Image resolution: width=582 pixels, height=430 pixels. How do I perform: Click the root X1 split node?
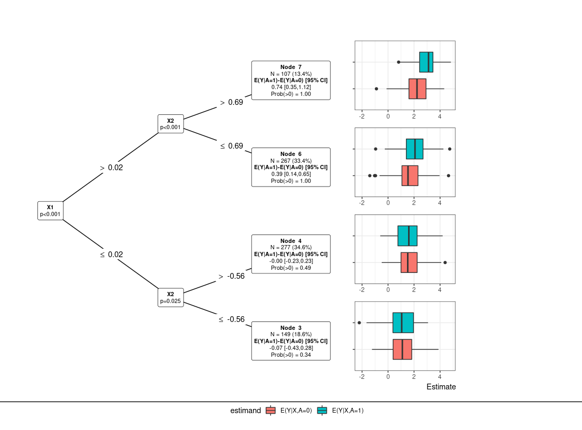click(50, 210)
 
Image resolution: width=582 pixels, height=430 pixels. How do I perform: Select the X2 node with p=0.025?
click(170, 298)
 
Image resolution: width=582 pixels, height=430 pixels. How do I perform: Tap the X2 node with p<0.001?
click(170, 124)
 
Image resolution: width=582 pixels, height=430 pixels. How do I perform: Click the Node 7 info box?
click(291, 80)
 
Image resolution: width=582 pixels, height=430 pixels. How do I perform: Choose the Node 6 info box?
click(291, 167)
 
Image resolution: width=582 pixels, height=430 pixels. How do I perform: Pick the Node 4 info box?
click(291, 254)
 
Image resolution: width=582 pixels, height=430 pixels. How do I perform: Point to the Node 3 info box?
click(291, 341)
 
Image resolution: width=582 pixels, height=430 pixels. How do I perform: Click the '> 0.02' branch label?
click(111, 168)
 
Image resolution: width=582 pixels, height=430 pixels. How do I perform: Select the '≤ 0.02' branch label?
click(111, 255)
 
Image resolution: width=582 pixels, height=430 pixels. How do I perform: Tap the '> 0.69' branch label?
click(231, 102)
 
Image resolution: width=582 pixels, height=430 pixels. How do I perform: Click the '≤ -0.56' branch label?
click(231, 319)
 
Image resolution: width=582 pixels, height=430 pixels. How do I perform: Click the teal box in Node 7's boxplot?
click(426, 62)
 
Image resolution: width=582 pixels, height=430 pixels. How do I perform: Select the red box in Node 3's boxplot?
click(402, 349)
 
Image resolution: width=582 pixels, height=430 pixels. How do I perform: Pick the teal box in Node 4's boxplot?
click(408, 236)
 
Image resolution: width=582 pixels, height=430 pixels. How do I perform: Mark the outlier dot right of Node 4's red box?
click(445, 262)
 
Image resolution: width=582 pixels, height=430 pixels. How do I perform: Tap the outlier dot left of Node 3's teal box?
click(359, 322)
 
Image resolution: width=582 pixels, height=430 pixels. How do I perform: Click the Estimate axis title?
click(441, 387)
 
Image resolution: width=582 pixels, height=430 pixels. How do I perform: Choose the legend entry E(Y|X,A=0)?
click(289, 411)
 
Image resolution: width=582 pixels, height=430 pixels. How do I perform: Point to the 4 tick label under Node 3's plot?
click(440, 377)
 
